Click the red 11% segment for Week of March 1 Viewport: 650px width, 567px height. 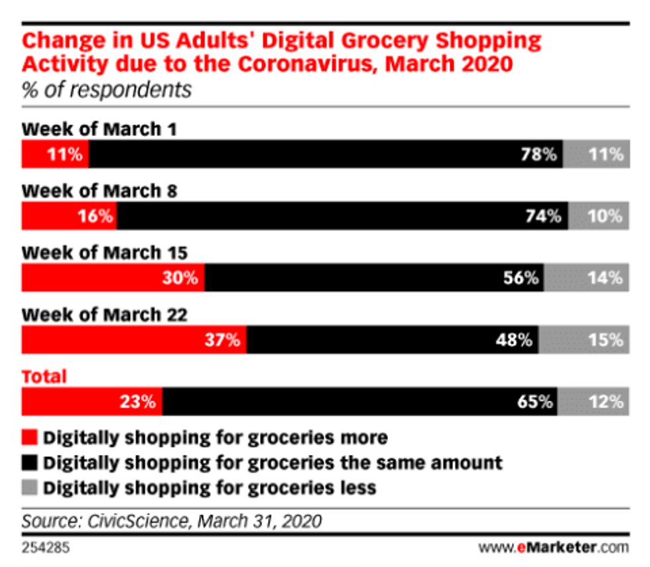[55, 155]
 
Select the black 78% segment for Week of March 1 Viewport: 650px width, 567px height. [326, 155]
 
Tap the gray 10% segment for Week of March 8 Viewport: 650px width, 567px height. [598, 216]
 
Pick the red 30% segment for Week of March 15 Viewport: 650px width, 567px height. [113, 278]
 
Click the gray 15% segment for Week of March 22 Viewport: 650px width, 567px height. [584, 340]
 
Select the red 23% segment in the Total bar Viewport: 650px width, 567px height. [92, 402]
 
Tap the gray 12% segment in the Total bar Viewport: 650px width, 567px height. [593, 402]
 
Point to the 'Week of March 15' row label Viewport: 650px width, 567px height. [105, 253]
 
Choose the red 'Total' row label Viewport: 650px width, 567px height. [44, 377]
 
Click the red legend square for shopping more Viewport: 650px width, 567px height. [30, 438]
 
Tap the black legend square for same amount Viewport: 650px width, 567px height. [30, 463]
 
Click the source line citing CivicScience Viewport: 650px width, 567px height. [172, 521]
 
